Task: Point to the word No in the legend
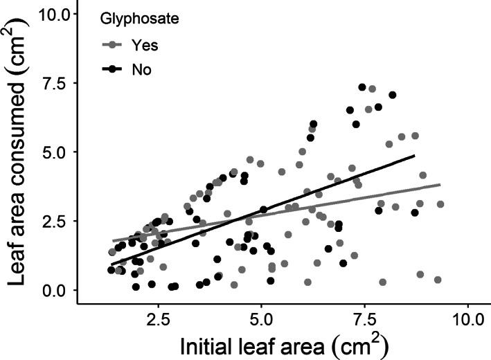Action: [141, 69]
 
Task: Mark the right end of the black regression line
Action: [414, 156]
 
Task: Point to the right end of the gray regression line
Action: [440, 185]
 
